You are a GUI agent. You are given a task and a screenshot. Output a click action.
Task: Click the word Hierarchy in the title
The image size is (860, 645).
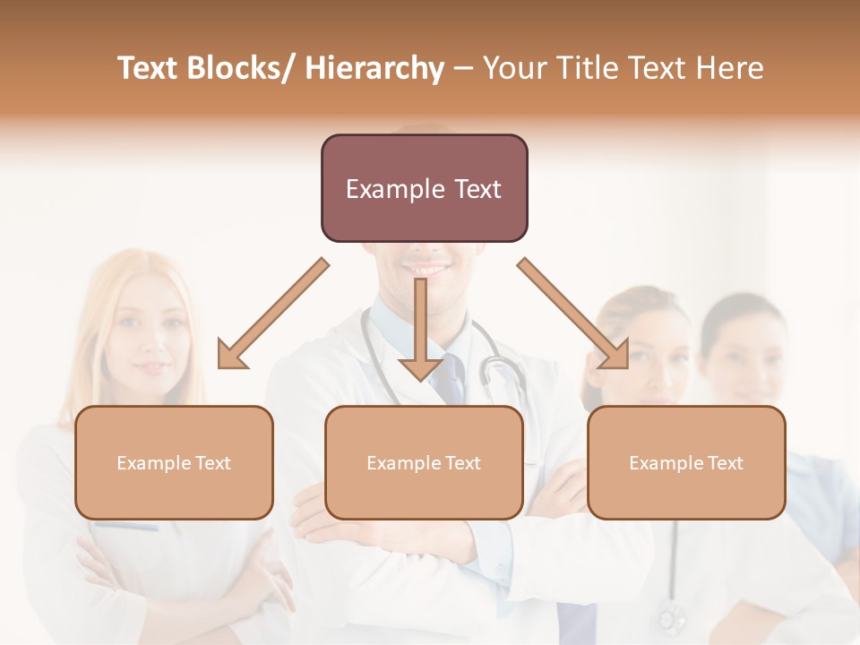point(374,68)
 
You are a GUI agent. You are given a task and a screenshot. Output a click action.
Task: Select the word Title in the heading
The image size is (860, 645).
point(585,68)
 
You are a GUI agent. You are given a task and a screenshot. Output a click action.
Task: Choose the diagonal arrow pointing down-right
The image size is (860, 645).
point(573,314)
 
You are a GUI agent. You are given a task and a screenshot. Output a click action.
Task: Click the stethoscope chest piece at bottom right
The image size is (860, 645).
point(669,617)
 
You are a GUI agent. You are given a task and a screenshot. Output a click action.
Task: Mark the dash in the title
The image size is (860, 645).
point(462,69)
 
